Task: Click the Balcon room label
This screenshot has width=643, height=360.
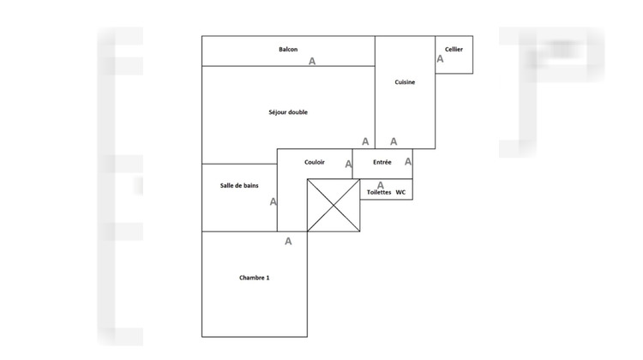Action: point(288,50)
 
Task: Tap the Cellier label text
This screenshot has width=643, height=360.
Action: point(454,50)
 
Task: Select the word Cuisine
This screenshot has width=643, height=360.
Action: point(406,82)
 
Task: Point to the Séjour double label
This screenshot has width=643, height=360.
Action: point(288,112)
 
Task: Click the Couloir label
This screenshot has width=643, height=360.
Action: point(315,162)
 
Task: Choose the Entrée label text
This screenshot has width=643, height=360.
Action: point(382,162)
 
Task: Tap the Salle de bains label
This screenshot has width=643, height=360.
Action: point(239,186)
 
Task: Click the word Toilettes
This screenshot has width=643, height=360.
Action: point(379,193)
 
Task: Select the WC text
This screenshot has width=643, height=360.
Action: point(400,193)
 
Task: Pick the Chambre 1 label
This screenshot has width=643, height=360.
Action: point(255,278)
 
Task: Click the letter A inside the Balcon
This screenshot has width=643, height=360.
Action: point(312,62)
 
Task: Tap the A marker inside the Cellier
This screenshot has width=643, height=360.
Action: point(441,59)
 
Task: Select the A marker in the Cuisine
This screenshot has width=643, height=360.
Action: point(394,142)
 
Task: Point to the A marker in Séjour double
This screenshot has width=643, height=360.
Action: point(365,142)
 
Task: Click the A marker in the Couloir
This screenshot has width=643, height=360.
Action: point(348,164)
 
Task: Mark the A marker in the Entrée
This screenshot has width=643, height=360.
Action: point(408,161)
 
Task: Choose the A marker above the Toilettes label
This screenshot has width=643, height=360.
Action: point(381,184)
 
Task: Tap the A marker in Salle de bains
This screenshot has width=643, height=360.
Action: point(273,202)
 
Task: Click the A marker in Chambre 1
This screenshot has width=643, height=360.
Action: point(288,242)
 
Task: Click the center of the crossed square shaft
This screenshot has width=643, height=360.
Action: point(334,206)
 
